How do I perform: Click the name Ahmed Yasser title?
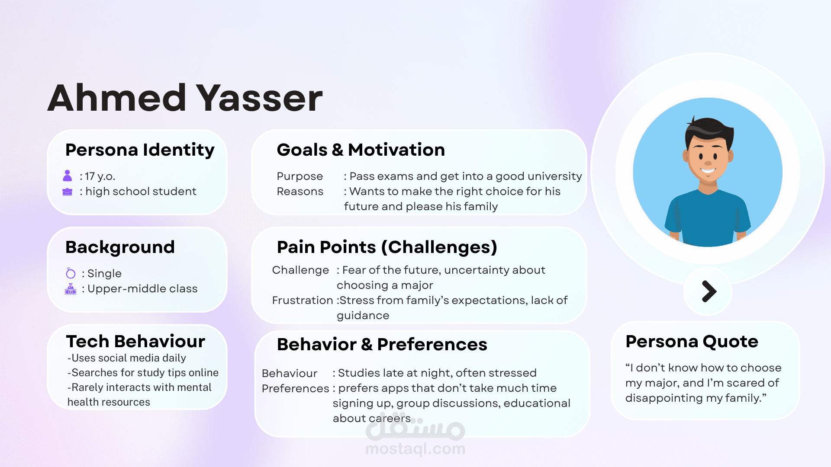click(185, 98)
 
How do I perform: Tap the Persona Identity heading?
click(140, 150)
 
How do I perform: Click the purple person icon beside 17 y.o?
click(68, 176)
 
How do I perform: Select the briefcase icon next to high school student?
click(68, 192)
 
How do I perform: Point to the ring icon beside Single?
click(71, 273)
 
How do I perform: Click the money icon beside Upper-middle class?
click(71, 289)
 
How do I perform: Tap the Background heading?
click(120, 247)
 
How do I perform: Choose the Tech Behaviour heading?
click(135, 341)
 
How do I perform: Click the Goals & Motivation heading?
click(361, 150)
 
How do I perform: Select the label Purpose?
click(300, 176)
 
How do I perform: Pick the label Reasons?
click(300, 191)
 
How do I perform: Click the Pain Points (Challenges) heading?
click(387, 247)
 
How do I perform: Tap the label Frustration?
click(303, 300)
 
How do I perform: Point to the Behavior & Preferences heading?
click(382, 344)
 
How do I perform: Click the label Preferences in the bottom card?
click(296, 388)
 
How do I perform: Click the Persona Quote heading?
click(692, 342)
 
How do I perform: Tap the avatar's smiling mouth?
click(708, 171)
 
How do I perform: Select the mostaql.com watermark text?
click(415, 449)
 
